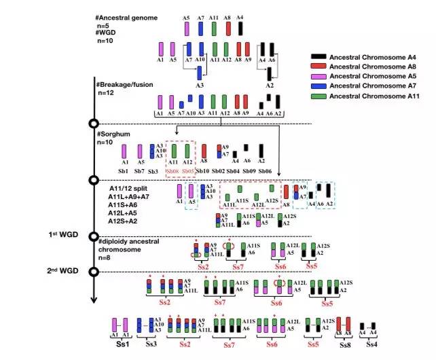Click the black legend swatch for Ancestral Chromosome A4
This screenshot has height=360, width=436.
[x=318, y=57]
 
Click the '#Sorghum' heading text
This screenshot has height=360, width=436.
[x=115, y=134]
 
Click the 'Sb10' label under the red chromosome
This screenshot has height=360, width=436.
[x=203, y=170]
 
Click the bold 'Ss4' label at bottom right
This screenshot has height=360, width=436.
[x=371, y=344]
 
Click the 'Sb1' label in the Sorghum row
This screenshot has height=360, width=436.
[x=125, y=170]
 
